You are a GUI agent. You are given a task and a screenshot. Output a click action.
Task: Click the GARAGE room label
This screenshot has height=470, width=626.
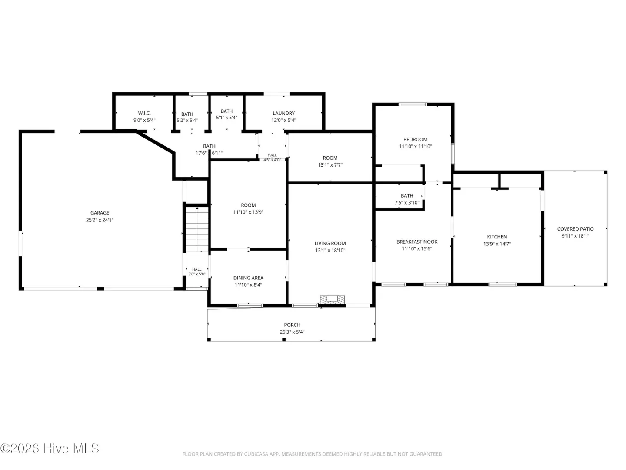(100, 213)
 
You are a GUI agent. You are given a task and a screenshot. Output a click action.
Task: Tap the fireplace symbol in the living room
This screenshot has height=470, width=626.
(332, 300)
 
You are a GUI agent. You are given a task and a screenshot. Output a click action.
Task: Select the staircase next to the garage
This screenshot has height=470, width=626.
(197, 229)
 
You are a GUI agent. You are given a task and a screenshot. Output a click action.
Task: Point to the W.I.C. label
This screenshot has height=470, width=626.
(144, 113)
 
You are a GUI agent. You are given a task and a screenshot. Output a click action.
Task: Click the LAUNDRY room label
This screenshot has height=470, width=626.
(283, 113)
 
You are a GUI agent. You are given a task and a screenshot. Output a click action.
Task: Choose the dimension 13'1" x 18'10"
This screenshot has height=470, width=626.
(330, 250)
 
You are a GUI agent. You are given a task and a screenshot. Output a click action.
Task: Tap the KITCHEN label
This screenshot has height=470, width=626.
(497, 237)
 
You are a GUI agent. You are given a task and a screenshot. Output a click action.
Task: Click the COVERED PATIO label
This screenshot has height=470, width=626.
(575, 229)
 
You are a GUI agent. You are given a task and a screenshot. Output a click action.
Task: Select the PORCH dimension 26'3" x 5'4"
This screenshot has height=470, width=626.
(292, 332)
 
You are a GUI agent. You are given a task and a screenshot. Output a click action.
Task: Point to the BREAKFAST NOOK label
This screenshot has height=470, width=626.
(416, 242)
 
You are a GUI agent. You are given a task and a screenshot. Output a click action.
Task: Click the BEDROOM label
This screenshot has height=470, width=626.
(415, 140)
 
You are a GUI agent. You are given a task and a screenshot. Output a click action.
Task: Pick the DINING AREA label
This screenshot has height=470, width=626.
(248, 278)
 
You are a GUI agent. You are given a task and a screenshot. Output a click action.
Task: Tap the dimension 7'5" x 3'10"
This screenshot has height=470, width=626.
(407, 203)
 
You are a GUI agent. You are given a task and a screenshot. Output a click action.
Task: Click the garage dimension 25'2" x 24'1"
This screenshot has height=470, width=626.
(100, 220)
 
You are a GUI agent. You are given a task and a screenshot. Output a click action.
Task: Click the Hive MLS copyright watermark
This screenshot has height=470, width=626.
(50, 449)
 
